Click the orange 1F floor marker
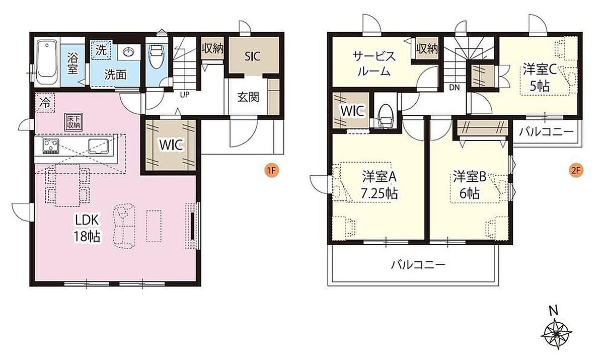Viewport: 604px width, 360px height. (x=271, y=170)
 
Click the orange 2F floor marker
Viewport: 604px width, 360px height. (x=576, y=170)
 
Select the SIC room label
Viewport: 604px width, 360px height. (x=252, y=56)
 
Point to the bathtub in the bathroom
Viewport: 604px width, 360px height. (x=47, y=62)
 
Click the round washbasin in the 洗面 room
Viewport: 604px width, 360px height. (x=129, y=52)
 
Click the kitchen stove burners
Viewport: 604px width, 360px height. (x=51, y=146)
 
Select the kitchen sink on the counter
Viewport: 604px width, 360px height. (x=99, y=146)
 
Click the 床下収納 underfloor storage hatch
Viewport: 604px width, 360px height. (x=73, y=122)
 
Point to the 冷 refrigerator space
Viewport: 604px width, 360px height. (x=45, y=103)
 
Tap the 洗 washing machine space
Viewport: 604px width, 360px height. (x=101, y=50)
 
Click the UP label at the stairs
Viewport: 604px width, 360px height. (x=185, y=95)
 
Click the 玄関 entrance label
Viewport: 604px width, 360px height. (x=248, y=97)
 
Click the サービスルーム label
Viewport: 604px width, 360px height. (x=374, y=64)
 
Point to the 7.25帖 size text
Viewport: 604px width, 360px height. (x=380, y=193)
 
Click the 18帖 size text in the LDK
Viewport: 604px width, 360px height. (x=87, y=237)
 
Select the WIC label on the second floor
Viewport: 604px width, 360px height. (x=352, y=111)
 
